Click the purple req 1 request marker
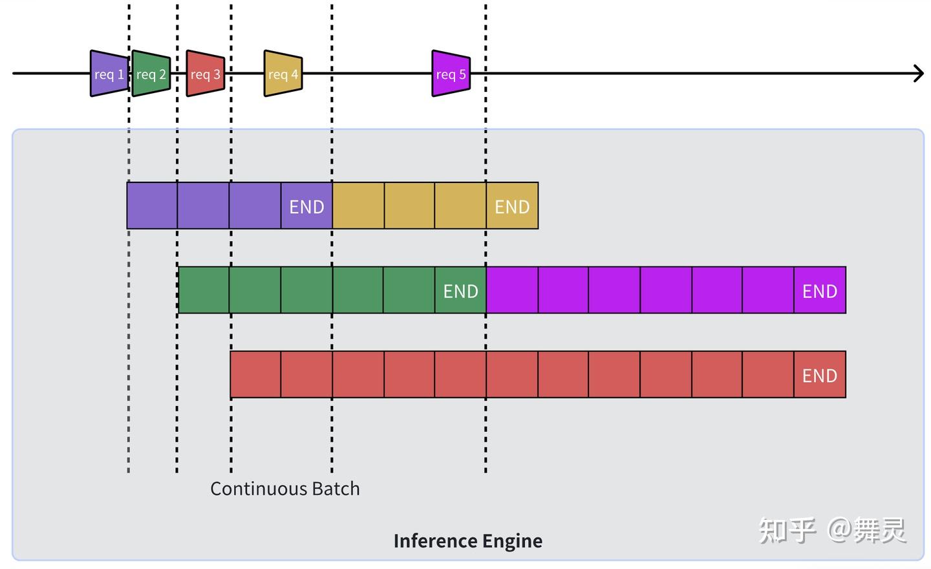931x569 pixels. (x=109, y=74)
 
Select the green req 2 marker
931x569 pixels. (x=151, y=74)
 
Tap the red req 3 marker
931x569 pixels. (x=205, y=74)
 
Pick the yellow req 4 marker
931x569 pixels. (x=283, y=74)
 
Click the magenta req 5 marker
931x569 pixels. (x=451, y=74)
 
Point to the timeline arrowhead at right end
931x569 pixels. (x=919, y=73)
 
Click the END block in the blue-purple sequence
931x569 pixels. (x=306, y=206)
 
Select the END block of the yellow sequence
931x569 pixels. (x=512, y=206)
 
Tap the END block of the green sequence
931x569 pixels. (x=460, y=290)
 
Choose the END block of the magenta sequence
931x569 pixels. (x=820, y=290)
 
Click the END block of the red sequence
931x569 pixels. (x=820, y=375)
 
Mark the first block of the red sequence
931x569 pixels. (x=256, y=374)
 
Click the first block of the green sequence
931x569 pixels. (x=204, y=290)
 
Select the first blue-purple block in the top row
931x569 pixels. (x=152, y=206)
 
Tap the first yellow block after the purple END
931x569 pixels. (x=358, y=206)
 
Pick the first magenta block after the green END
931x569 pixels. (x=512, y=290)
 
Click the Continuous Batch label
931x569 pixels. (x=284, y=489)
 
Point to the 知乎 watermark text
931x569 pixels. (x=787, y=531)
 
